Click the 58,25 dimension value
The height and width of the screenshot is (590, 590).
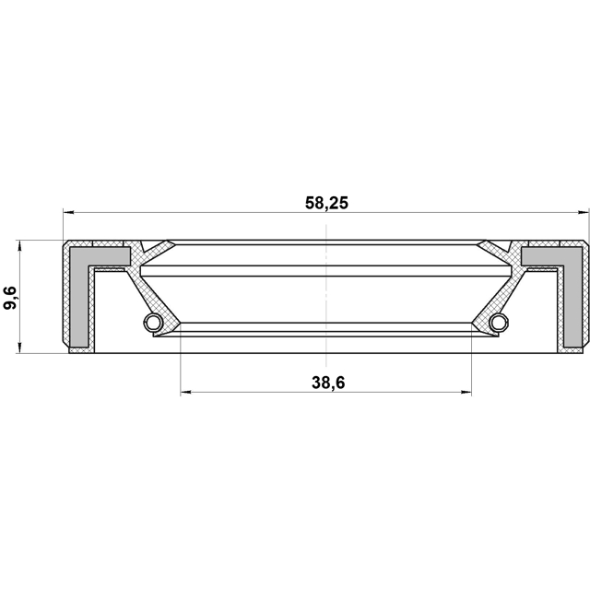pos(326,203)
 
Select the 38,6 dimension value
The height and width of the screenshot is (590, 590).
pos(328,383)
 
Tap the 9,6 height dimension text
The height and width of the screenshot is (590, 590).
pos(10,298)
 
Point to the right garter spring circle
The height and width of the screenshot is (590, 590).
pos(500,322)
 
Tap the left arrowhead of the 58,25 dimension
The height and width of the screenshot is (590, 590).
pos(68,213)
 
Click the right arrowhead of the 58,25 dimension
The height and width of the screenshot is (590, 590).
pos(583,213)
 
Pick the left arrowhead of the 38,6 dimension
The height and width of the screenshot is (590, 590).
pos(186,393)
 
